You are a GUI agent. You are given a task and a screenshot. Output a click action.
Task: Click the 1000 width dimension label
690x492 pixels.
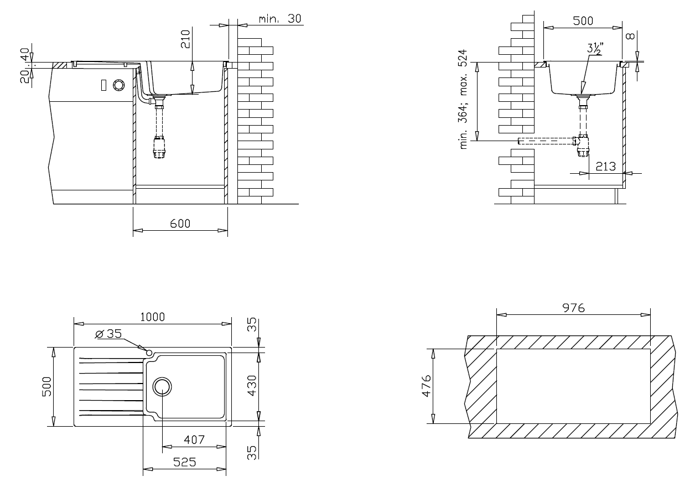[x=153, y=317]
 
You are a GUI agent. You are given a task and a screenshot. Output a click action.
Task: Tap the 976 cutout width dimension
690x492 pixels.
[x=574, y=308]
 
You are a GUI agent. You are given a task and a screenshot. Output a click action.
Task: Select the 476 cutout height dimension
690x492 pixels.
[x=426, y=386]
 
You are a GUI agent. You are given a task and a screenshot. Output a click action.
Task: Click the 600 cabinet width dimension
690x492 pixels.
[x=180, y=224]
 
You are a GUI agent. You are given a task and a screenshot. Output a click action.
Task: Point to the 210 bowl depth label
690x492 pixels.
[x=185, y=39]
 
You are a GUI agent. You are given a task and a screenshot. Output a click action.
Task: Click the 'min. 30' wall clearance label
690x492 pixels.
[x=280, y=19]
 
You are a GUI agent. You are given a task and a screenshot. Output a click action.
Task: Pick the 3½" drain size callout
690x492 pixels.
[x=595, y=48]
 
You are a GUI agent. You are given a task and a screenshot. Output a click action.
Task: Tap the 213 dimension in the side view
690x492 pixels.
[x=605, y=167]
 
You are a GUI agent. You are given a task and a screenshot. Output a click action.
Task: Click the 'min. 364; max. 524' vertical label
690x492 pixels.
[x=463, y=99]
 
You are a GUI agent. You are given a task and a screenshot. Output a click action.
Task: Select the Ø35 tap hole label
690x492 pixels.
[x=109, y=334]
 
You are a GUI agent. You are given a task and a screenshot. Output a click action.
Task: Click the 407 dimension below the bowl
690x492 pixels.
[x=194, y=439]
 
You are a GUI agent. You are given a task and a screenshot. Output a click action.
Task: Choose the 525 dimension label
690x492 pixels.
[x=184, y=462]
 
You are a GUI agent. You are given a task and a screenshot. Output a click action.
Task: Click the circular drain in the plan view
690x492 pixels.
[x=162, y=387]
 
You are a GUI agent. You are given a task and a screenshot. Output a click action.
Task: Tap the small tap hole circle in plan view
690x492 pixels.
[x=149, y=352]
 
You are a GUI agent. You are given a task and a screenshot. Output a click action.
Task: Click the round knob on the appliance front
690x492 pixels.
[x=118, y=85]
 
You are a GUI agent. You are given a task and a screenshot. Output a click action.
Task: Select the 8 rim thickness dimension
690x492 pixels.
[x=630, y=37]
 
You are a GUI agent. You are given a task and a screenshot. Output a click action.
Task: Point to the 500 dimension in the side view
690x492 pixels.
[x=583, y=21]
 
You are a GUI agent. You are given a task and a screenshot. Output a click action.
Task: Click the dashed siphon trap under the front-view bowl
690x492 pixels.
[x=159, y=147]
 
